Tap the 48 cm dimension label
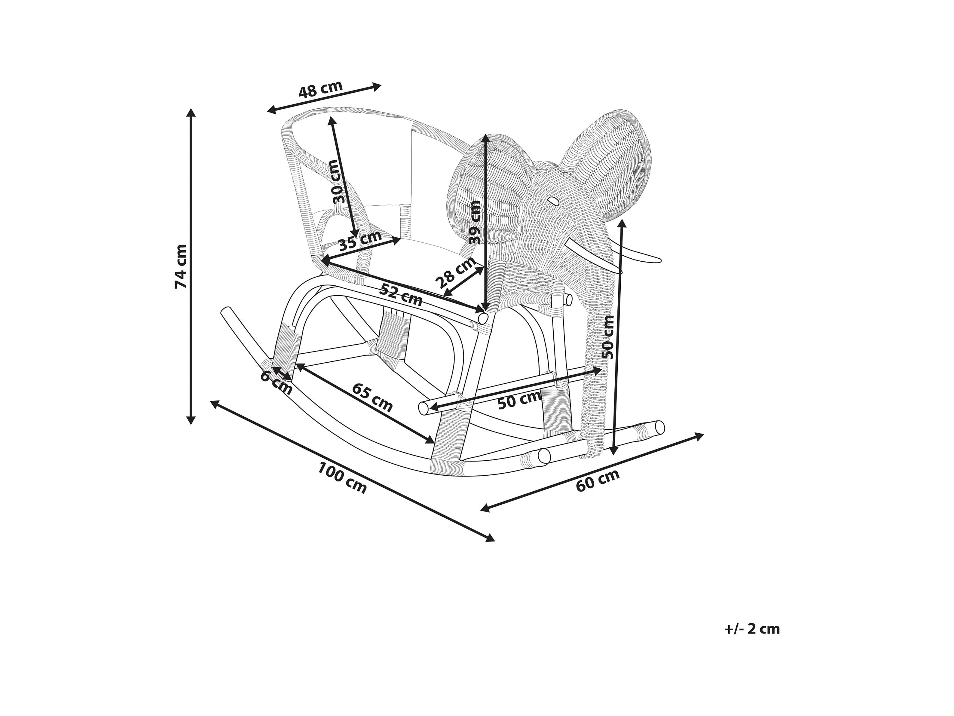click(x=320, y=89)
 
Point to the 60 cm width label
click(x=598, y=480)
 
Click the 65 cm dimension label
click(x=372, y=397)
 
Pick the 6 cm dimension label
click(x=276, y=382)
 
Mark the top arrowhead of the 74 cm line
click(x=191, y=113)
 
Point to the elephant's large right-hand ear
click(x=612, y=168)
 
